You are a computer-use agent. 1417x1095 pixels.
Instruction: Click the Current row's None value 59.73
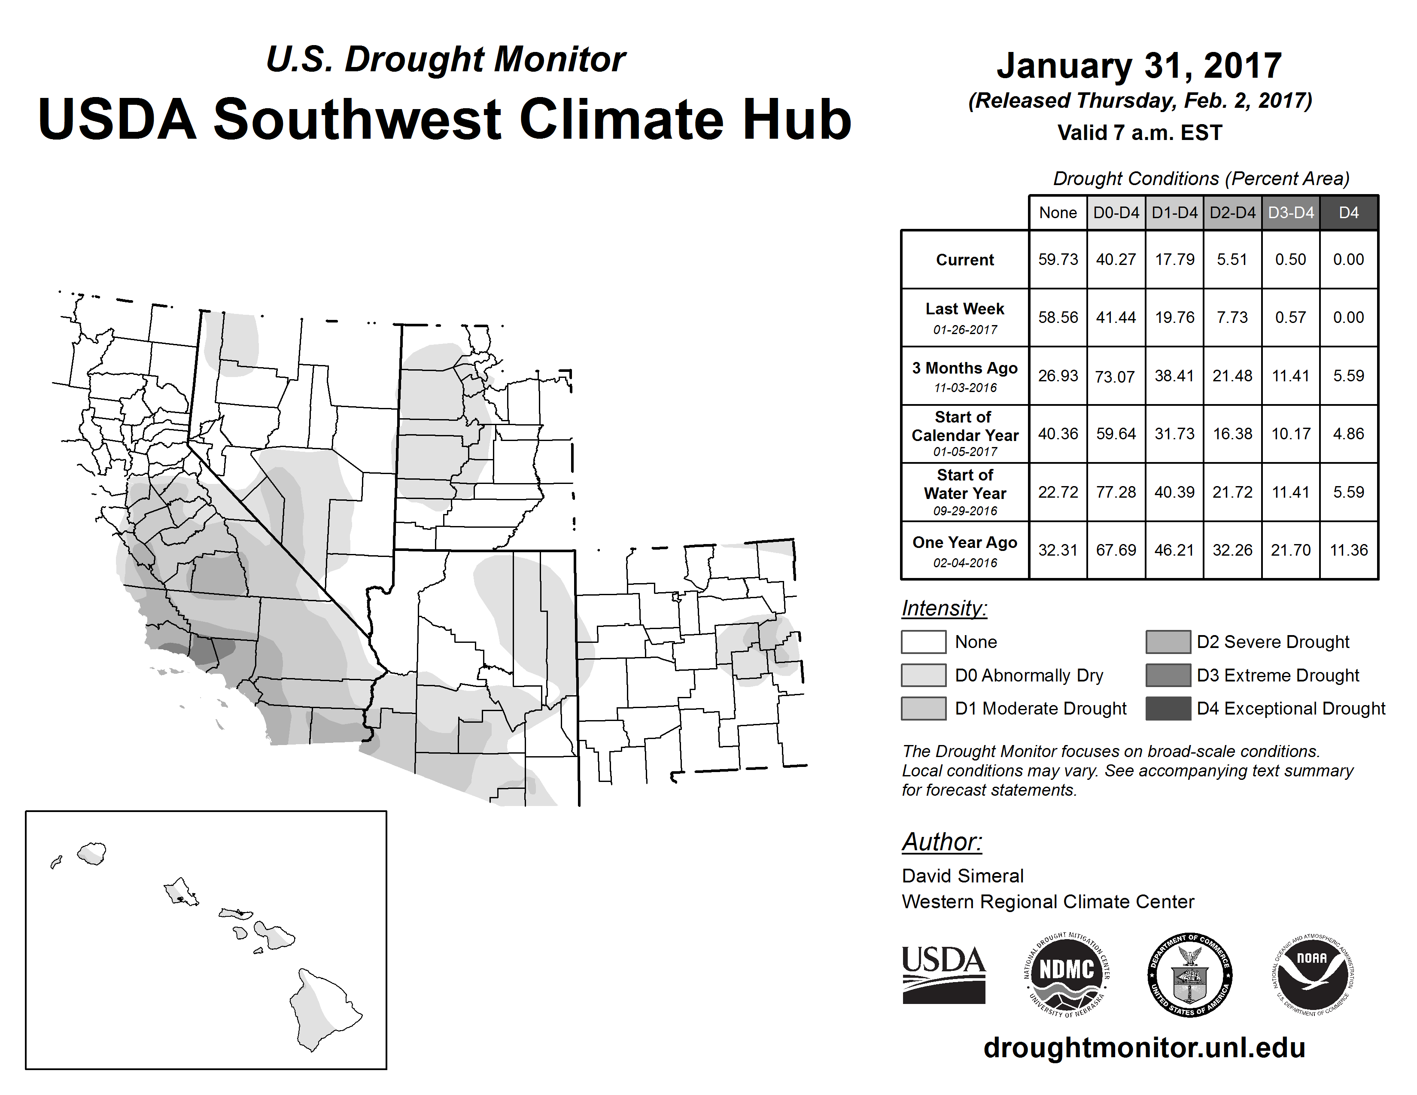click(1058, 259)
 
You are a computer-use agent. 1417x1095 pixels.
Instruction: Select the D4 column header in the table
click(1349, 213)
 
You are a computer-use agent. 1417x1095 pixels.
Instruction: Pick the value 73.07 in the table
click(1115, 376)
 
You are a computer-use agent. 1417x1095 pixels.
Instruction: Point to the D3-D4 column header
click(1291, 213)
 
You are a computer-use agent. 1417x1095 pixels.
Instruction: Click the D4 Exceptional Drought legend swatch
click(1168, 709)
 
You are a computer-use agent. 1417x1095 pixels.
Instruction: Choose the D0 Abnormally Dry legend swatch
click(923, 675)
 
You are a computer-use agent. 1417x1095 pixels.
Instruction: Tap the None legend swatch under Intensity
click(923, 642)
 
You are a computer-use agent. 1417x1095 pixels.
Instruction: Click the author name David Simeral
click(963, 876)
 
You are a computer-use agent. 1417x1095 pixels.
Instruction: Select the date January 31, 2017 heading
click(1139, 66)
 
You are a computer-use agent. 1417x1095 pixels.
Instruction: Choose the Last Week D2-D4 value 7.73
click(1232, 318)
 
